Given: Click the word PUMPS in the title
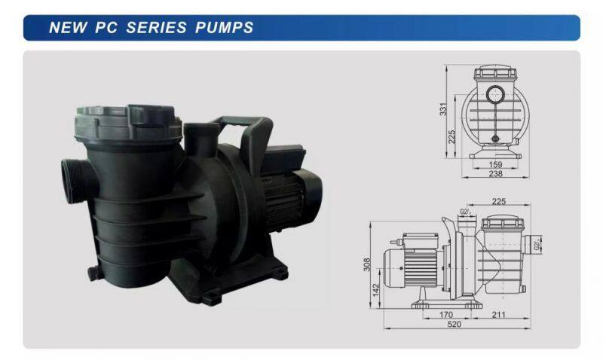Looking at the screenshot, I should click(225, 28).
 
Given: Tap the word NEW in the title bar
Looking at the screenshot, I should click(66, 28).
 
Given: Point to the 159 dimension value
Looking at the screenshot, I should click(494, 163).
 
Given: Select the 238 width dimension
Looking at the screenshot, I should click(494, 174).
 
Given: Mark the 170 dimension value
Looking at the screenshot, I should click(446, 315).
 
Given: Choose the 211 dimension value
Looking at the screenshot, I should click(499, 315).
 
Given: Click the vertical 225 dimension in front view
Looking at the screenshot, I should click(452, 136).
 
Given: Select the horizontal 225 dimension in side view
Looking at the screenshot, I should click(498, 201).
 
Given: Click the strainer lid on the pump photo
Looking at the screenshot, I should click(126, 121).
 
